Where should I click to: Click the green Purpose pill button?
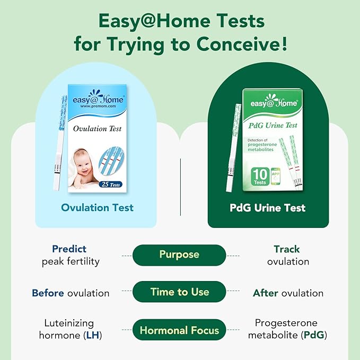[x=179, y=255]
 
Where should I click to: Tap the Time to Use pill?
[x=179, y=292]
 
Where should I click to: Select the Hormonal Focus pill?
[x=179, y=330]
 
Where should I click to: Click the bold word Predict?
[x=69, y=249]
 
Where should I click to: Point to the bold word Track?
[x=287, y=249]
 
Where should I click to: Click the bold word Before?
[x=48, y=293]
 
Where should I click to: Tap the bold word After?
[x=266, y=293]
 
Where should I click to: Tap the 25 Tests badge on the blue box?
[x=110, y=184]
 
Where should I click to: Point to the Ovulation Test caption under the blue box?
[x=97, y=207]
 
